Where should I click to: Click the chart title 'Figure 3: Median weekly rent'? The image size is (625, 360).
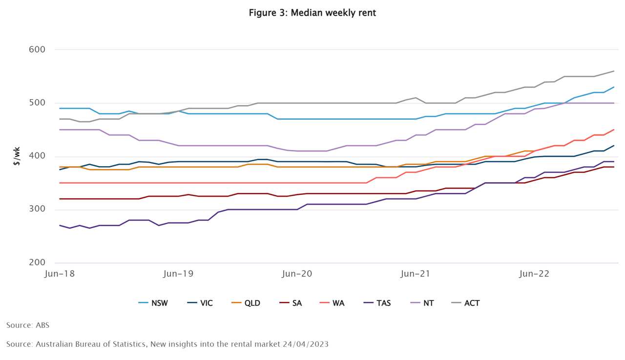(312, 13)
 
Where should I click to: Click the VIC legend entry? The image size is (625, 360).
(200, 303)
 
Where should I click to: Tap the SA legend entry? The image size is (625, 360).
(291, 303)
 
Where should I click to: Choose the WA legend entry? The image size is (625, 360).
(332, 303)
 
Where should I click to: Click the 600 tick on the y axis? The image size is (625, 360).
(38, 49)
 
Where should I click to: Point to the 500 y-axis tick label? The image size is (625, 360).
(38, 103)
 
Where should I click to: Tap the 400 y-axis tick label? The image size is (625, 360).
(38, 156)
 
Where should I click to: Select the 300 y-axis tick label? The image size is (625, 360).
(38, 210)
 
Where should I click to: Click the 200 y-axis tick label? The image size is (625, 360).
(38, 263)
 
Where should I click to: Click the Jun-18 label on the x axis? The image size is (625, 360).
(59, 274)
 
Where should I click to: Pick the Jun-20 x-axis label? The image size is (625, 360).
(297, 274)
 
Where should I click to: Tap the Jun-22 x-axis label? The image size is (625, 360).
(534, 274)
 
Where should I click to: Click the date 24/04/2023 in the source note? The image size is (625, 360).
(306, 344)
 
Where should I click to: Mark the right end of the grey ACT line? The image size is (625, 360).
(614, 71)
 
